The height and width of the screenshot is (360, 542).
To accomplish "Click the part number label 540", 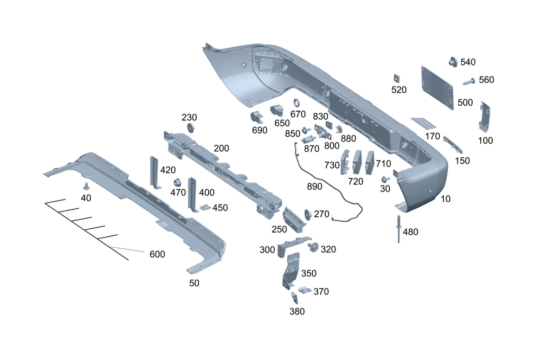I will (468, 62).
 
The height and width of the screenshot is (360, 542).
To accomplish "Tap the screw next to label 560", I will (470, 82).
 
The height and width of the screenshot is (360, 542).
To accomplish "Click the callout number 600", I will (157, 254).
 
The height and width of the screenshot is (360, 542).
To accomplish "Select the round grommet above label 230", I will (190, 128).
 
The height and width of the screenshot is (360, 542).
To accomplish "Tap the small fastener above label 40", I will (86, 186).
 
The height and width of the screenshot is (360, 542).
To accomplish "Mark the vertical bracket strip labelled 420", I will (154, 172).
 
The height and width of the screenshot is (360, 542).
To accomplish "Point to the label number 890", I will (314, 186).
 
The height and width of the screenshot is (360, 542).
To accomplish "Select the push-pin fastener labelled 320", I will (313, 247).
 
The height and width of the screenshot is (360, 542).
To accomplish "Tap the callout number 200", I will (221, 148).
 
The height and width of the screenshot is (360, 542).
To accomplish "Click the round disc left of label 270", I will (308, 213).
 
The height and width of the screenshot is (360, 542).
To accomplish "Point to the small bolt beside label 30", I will (384, 179).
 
